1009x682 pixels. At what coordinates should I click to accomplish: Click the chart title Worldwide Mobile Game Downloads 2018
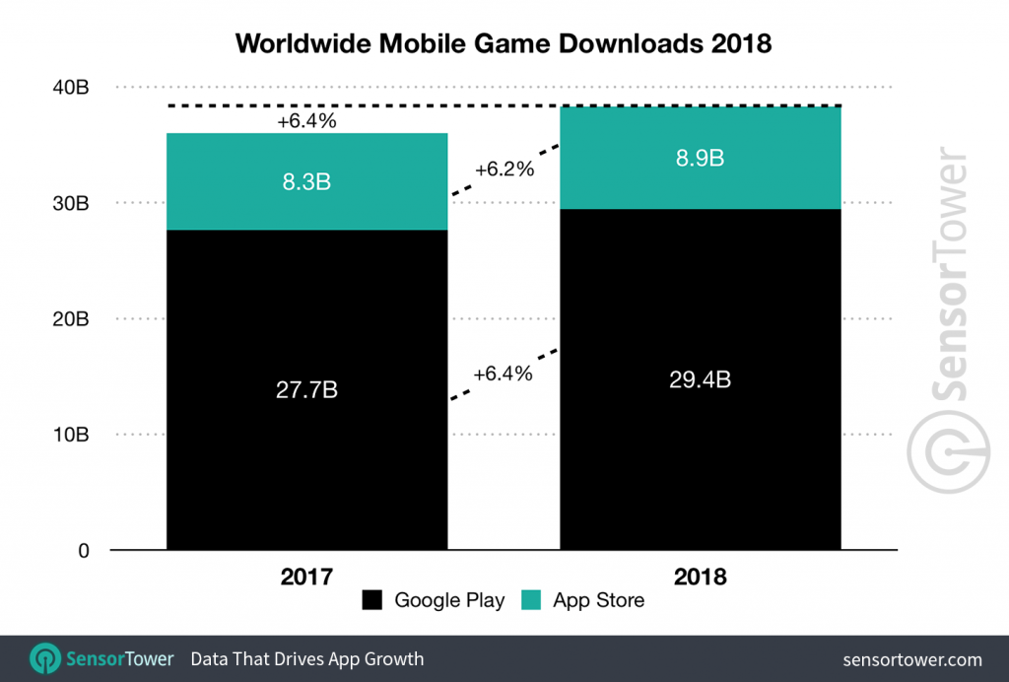(x=504, y=43)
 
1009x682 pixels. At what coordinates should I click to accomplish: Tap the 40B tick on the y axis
(x=71, y=88)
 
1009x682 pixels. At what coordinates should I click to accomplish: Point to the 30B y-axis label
(x=71, y=204)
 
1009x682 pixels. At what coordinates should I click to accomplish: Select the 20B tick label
(x=71, y=319)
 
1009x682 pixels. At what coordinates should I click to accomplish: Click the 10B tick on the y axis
(x=71, y=435)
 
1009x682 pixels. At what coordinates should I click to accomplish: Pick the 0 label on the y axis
(x=84, y=551)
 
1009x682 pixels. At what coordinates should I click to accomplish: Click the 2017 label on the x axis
(x=306, y=577)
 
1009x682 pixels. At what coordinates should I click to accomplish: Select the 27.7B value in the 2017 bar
(x=306, y=390)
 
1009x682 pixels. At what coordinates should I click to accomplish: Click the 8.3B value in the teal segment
(x=306, y=180)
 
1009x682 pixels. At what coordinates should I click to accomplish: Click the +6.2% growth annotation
(x=504, y=170)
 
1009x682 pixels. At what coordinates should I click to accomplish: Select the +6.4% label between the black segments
(x=504, y=375)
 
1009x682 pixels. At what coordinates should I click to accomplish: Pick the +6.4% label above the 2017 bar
(x=306, y=122)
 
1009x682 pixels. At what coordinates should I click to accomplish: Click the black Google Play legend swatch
(x=373, y=600)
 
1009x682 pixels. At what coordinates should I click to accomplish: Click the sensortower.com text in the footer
(x=912, y=658)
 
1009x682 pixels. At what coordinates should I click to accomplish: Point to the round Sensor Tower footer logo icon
(x=45, y=658)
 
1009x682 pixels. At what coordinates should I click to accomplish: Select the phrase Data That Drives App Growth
(x=306, y=658)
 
